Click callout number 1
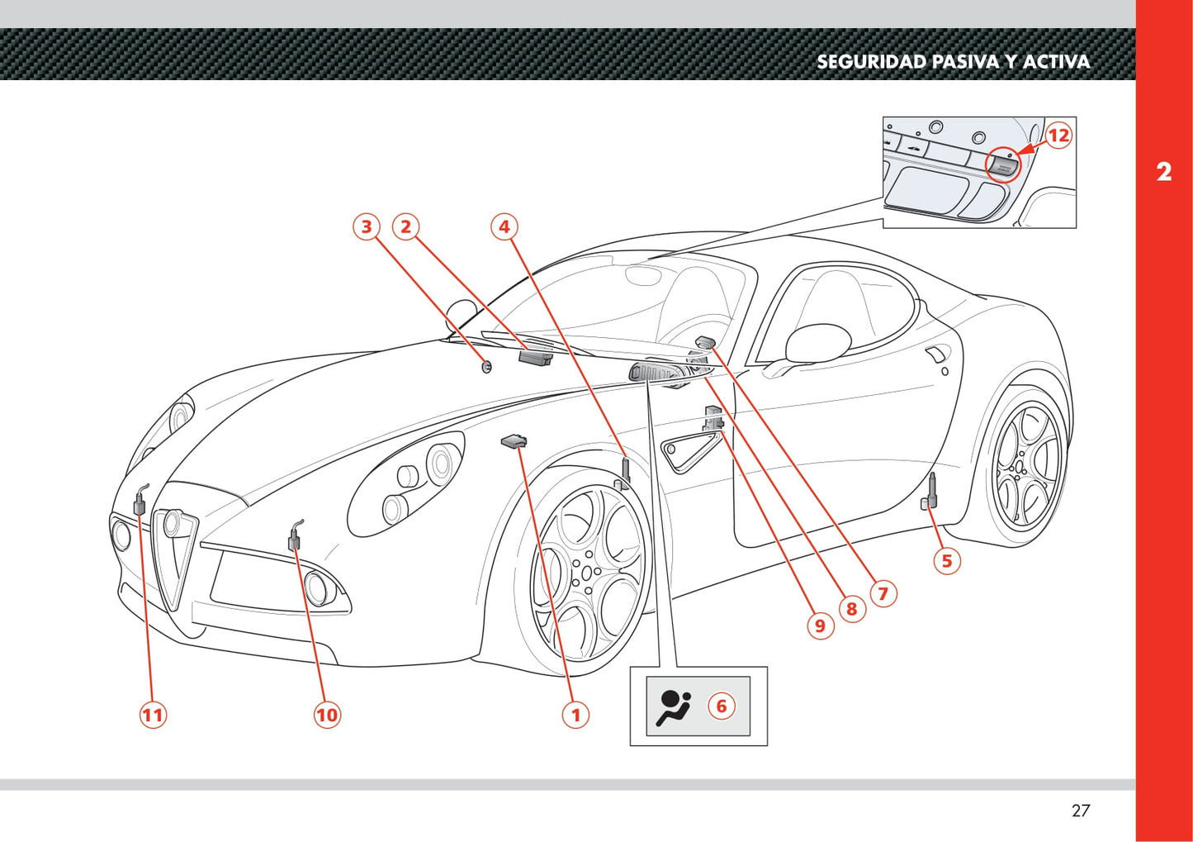coord(575,715)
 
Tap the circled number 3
coord(367,226)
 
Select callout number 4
coord(504,226)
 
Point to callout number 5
coord(946,561)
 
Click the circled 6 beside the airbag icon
coord(721,706)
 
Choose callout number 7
coord(883,593)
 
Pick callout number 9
coord(820,626)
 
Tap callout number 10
coord(327,715)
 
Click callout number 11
coord(153,715)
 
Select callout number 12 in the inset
coord(1058,136)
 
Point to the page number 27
coord(1080,811)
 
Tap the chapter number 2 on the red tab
coord(1163,172)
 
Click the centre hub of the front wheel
coord(587,572)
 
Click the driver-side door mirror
coord(817,343)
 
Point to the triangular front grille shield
coord(175,554)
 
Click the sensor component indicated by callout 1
coord(514,442)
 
